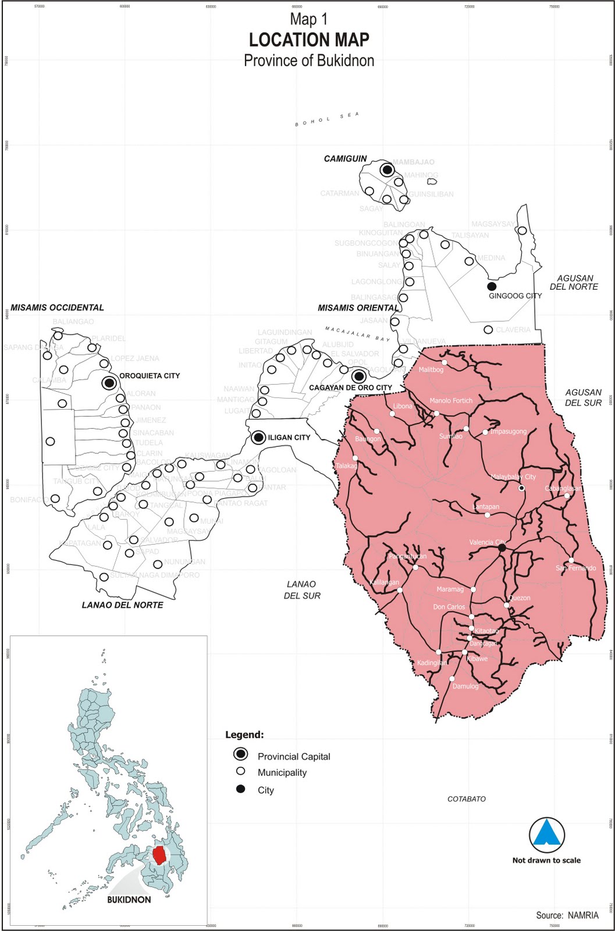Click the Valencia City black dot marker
point(502,548)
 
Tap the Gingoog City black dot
point(492,286)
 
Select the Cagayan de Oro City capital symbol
point(359,376)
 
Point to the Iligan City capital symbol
point(259,438)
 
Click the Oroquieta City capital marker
point(109,383)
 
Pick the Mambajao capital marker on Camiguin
point(387,170)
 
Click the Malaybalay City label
point(513,477)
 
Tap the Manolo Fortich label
point(451,401)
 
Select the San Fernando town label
point(575,568)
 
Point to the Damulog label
point(465,687)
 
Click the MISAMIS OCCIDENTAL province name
point(57,308)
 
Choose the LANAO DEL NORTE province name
point(122,605)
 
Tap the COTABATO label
point(467,799)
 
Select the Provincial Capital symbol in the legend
point(240,755)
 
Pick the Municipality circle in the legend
point(240,772)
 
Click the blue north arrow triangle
point(547,833)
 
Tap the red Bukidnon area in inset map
point(158,855)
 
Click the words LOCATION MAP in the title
point(309,40)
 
